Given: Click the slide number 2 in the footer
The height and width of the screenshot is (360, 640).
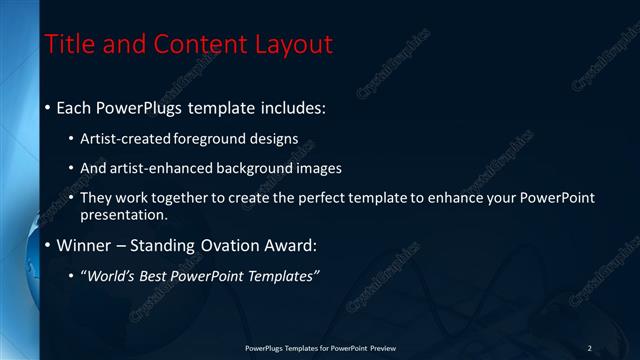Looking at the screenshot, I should tap(590, 348).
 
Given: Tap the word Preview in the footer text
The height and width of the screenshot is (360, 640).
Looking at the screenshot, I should tap(383, 348).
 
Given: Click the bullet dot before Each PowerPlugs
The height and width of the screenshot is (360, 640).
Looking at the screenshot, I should tap(47, 107).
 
